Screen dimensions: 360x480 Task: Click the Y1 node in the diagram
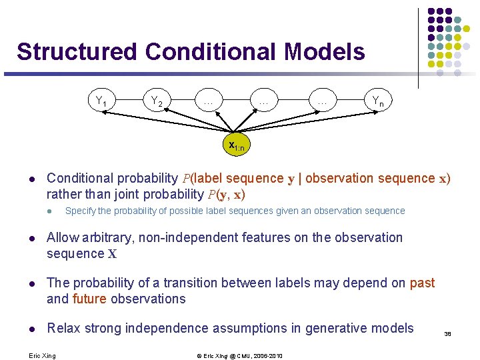pyautogui.click(x=102, y=102)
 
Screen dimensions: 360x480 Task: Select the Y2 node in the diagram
pyautogui.click(x=157, y=101)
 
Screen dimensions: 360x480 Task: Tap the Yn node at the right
pyautogui.click(x=377, y=101)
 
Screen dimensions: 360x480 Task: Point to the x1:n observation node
pyautogui.click(x=237, y=145)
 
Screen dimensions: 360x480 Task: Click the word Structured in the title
pyautogui.click(x=77, y=52)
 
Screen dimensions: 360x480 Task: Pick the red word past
pyautogui.click(x=422, y=283)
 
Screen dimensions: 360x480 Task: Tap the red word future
pyautogui.click(x=89, y=299)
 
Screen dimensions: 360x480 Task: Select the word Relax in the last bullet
pyautogui.click(x=63, y=328)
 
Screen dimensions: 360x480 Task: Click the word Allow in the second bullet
pyautogui.click(x=63, y=237)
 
